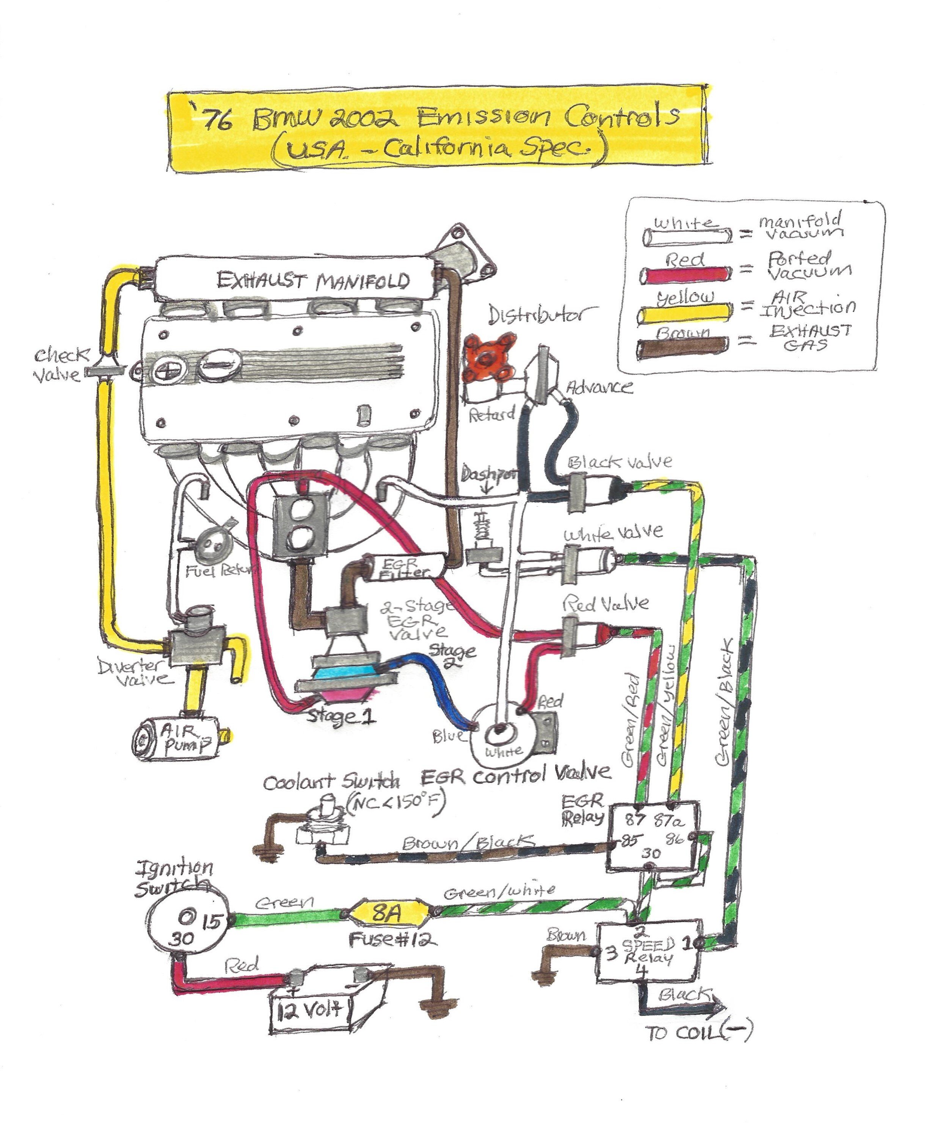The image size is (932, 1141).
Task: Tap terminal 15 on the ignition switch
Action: pyautogui.click(x=211, y=922)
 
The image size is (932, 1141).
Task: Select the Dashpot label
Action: pyautogui.click(x=488, y=475)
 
